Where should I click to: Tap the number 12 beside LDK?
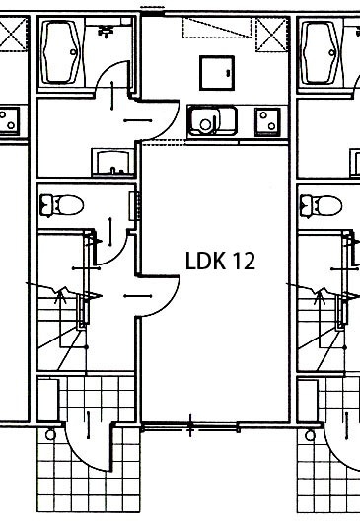click(x=244, y=261)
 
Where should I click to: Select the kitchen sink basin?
click(x=212, y=120)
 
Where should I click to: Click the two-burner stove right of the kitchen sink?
click(x=267, y=121)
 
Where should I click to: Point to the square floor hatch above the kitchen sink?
click(x=217, y=73)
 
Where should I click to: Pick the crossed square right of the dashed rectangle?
click(x=272, y=35)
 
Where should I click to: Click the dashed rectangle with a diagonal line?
click(x=217, y=28)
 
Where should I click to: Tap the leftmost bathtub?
click(x=61, y=53)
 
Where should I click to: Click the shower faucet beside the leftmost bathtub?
click(x=106, y=31)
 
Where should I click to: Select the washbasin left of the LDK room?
click(x=112, y=163)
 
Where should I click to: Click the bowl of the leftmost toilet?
click(x=69, y=205)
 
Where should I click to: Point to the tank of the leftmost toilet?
click(x=45, y=205)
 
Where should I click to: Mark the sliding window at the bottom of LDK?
click(x=190, y=428)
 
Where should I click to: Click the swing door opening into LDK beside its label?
click(x=158, y=296)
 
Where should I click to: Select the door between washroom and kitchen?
click(x=158, y=119)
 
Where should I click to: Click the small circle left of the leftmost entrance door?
click(x=50, y=434)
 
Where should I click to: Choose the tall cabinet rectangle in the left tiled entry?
click(x=48, y=400)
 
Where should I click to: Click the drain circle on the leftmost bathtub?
click(x=73, y=52)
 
